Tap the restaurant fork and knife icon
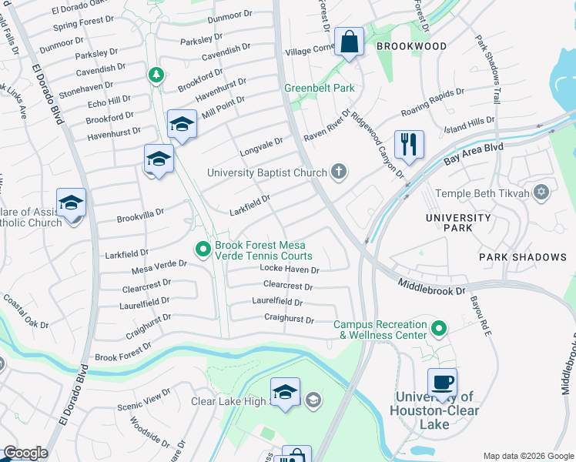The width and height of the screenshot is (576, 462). [x=408, y=143]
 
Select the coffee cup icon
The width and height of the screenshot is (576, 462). [x=442, y=382]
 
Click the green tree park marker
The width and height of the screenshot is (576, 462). [x=156, y=75]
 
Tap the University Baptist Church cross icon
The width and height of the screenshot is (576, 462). [x=338, y=172]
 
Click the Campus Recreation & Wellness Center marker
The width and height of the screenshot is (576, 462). [x=439, y=330]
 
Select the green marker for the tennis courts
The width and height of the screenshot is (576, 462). [x=203, y=249]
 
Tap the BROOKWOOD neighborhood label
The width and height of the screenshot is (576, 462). [x=410, y=46]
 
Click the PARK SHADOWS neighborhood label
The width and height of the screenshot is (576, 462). [x=516, y=256]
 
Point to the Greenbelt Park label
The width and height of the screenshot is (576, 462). [x=320, y=89]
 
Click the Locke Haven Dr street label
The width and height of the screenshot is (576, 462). [x=289, y=269]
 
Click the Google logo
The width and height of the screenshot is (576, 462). [x=25, y=454]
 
